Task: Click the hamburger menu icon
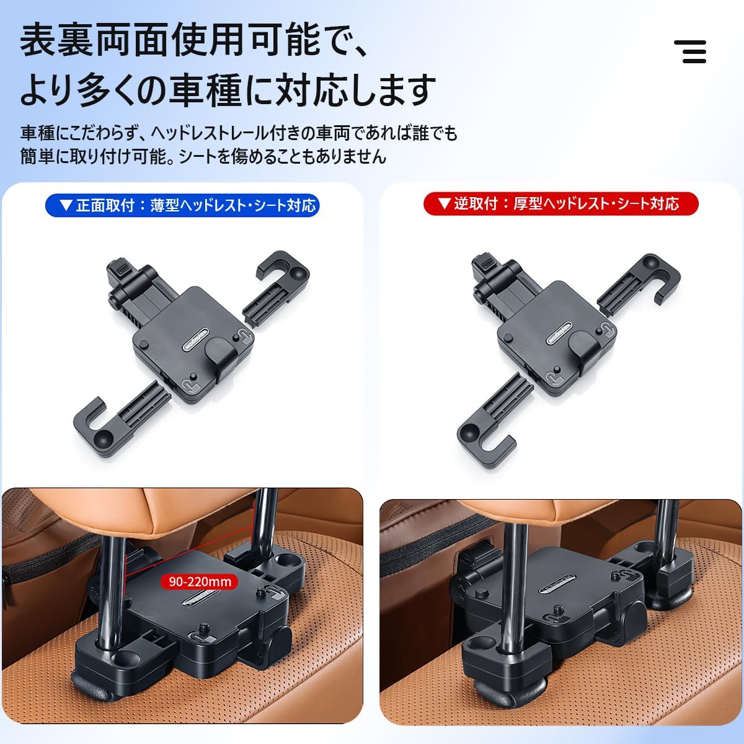point(690,51)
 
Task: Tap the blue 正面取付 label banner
point(182,205)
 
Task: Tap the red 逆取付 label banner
point(560,204)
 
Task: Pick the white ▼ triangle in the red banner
point(443,203)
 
